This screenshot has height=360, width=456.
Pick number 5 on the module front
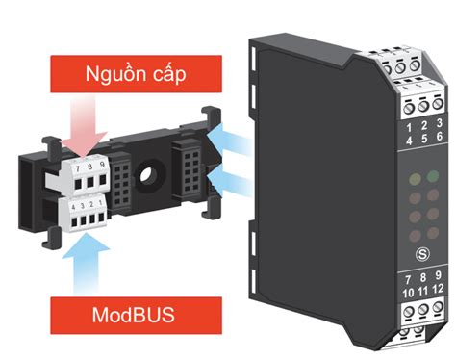[x=424, y=139]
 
